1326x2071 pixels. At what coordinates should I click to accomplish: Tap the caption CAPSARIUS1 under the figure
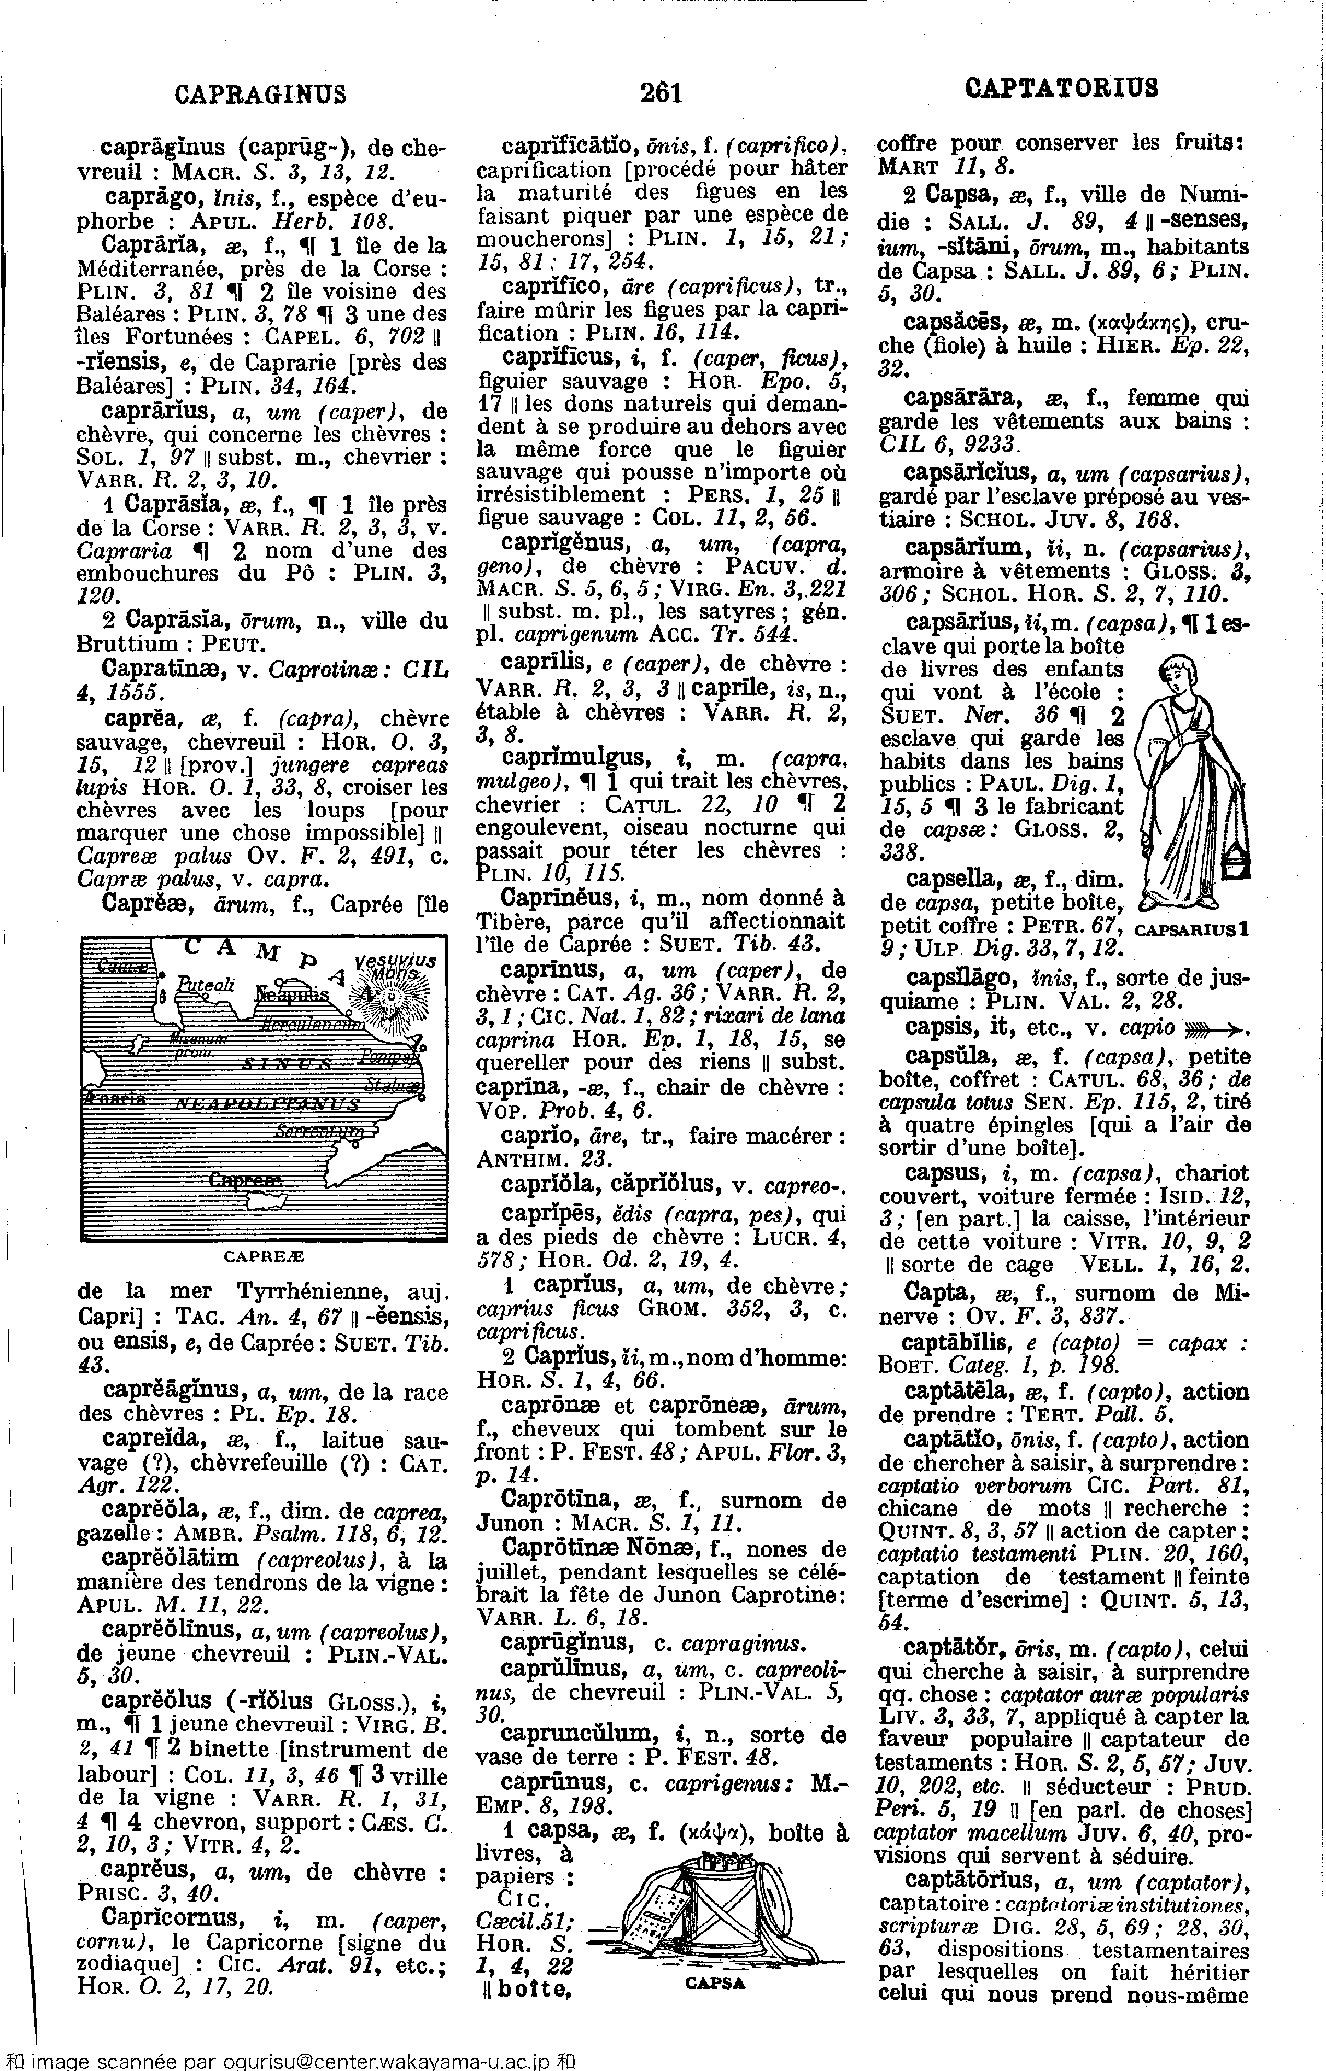[x=1191, y=929]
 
